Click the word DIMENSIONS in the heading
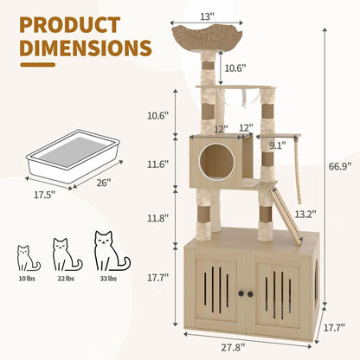[86, 48]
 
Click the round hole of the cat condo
[213, 157]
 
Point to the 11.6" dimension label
[157, 164]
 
